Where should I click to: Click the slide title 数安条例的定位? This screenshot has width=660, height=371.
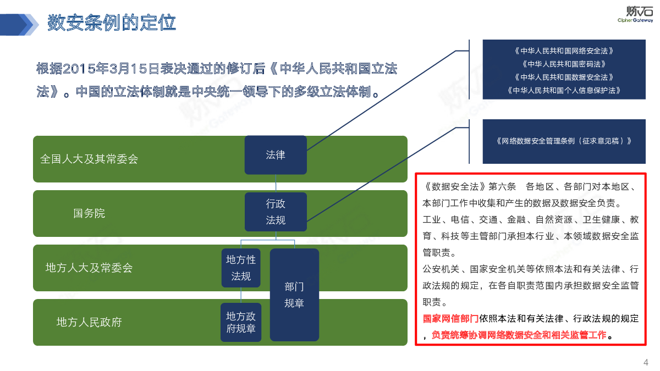[x=111, y=23]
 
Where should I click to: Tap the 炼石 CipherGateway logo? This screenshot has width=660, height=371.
[x=635, y=14]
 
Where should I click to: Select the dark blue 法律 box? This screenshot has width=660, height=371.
[x=276, y=155]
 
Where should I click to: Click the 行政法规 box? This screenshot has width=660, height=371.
[x=276, y=212]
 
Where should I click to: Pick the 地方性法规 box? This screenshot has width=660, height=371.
[x=241, y=268]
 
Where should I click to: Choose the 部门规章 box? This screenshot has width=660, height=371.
[x=294, y=295]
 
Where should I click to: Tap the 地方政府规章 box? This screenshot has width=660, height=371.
[x=241, y=322]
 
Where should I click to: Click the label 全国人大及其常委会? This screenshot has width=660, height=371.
[x=89, y=159]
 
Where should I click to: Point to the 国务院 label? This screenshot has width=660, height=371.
[x=89, y=213]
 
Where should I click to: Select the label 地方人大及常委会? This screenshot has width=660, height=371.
[x=89, y=268]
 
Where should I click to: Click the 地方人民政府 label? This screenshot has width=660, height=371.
[x=89, y=322]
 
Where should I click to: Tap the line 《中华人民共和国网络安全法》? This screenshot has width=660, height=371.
[x=564, y=51]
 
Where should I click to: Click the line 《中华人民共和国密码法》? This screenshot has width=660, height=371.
[x=564, y=64]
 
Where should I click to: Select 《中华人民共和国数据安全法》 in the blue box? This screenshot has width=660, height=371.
[x=564, y=77]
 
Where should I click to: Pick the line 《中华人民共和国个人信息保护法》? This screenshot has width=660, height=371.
[x=564, y=90]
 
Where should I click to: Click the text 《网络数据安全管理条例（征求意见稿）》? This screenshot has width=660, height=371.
[x=564, y=141]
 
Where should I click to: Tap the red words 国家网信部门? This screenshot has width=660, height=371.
[x=450, y=318]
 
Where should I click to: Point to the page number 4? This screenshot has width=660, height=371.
[x=646, y=362]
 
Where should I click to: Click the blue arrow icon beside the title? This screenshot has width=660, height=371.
[x=19, y=25]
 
